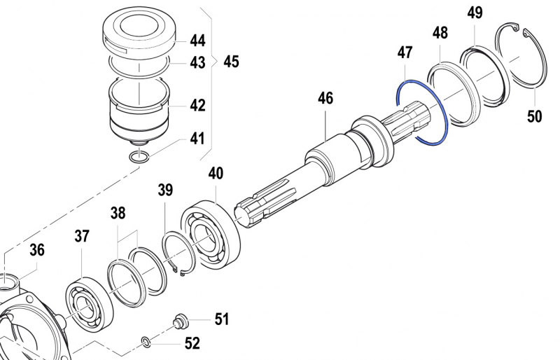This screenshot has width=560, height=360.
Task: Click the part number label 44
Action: pos(197,41)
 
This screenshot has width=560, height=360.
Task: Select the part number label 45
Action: pos(231,62)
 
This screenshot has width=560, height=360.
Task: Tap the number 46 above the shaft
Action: pos(325,98)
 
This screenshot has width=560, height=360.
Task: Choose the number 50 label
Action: pos(534,116)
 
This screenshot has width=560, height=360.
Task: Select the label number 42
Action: pos(197,105)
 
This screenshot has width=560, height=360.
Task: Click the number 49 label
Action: pos(475,13)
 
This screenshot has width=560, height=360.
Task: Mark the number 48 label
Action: pos(440,34)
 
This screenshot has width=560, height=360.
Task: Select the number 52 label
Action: pos(191,343)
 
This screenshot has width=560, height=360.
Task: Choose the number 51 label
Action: pos(221,320)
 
